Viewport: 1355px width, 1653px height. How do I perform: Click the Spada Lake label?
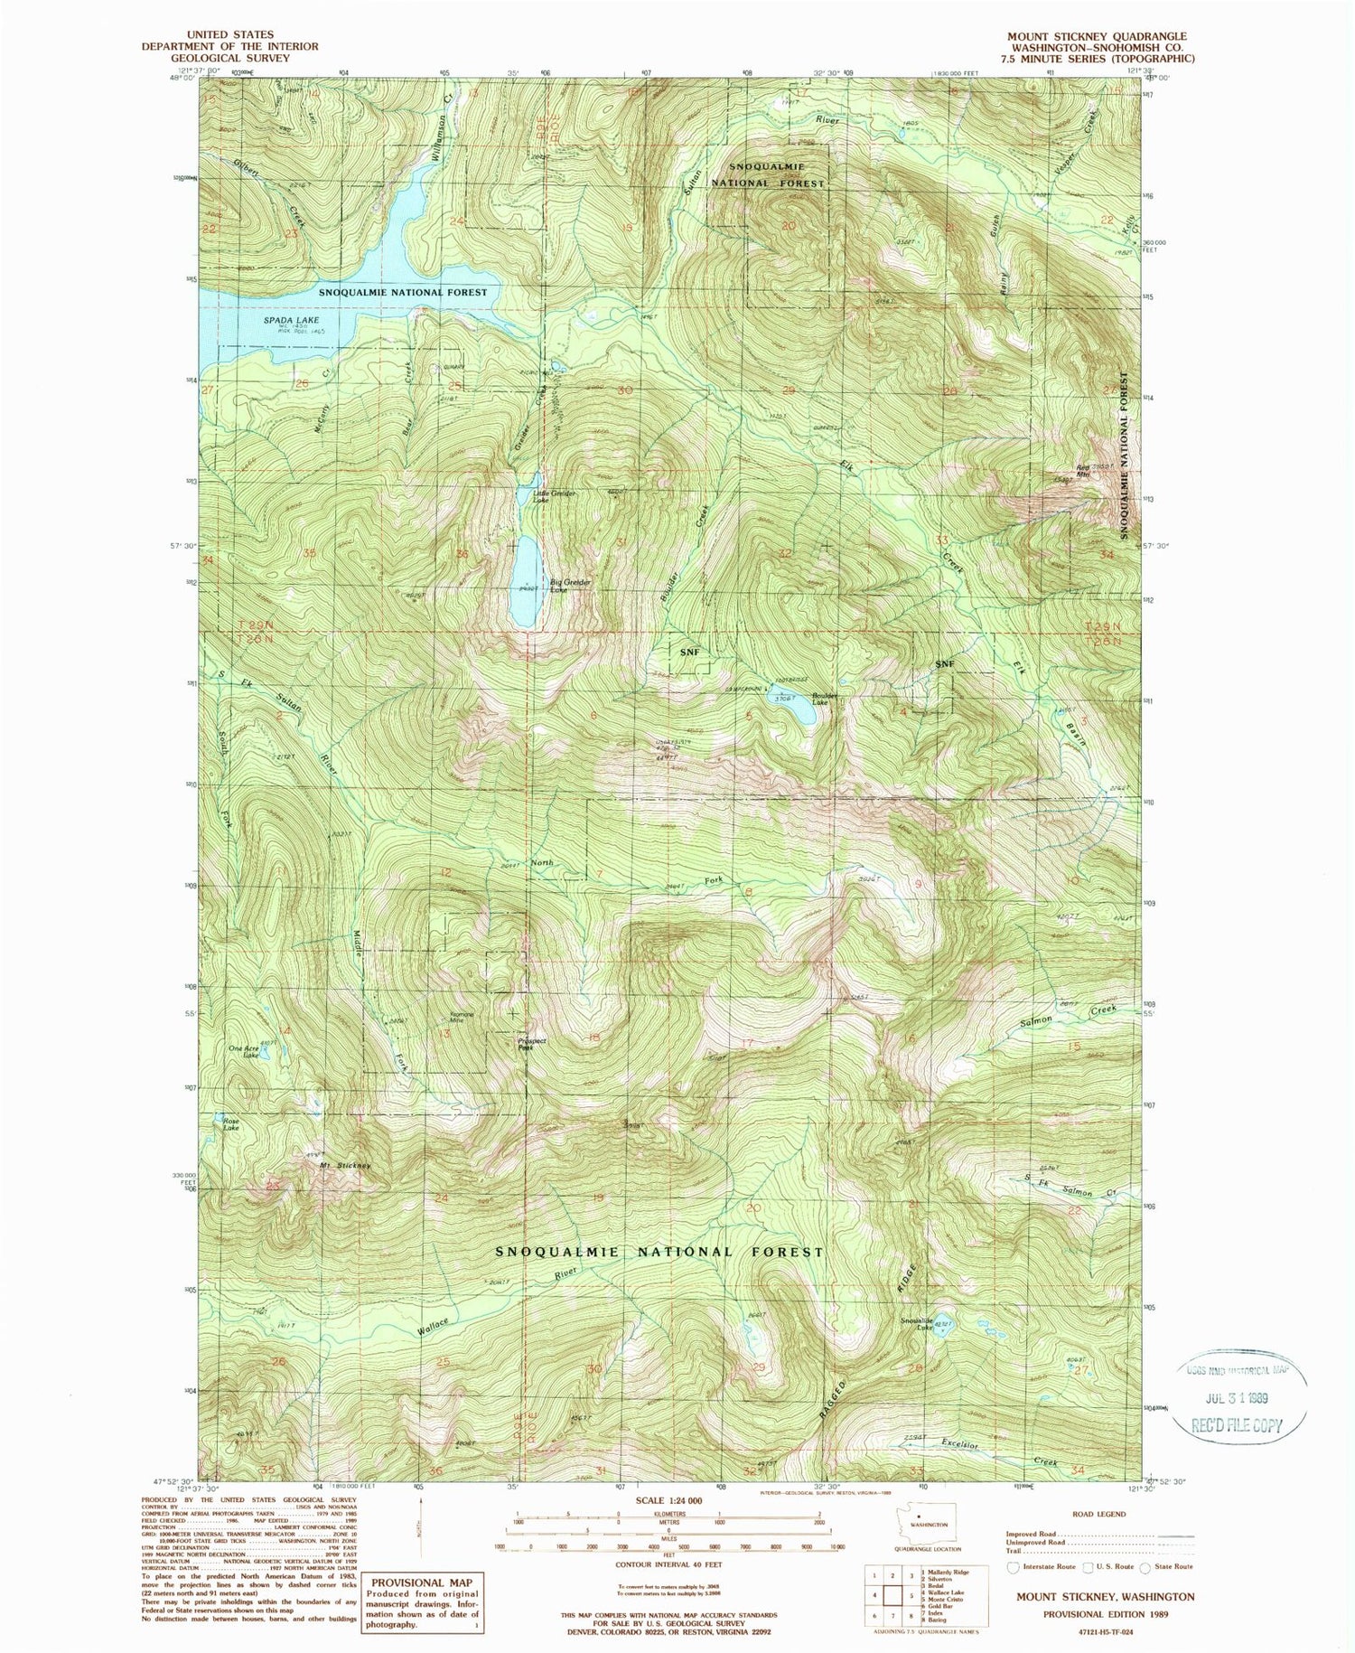point(264,319)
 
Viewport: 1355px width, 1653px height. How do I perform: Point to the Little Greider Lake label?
point(554,495)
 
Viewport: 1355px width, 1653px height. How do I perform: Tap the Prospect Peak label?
point(531,1044)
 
